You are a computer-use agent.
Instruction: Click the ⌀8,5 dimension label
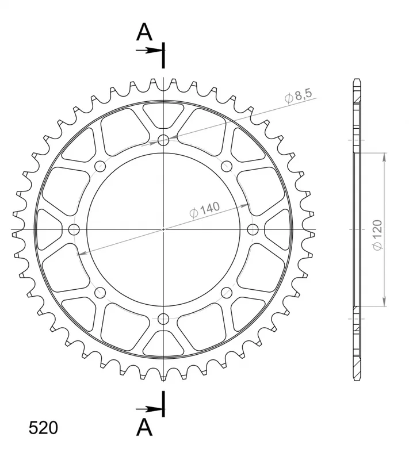298,95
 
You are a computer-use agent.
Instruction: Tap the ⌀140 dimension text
205,209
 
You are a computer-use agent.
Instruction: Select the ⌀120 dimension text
377,235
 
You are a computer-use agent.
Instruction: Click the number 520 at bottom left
43,428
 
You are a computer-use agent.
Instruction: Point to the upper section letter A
144,32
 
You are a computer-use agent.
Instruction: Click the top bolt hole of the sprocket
163,140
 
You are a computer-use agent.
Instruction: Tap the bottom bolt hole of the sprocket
163,319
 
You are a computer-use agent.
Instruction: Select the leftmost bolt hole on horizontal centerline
74,229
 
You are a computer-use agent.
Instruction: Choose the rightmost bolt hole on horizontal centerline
253,229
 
